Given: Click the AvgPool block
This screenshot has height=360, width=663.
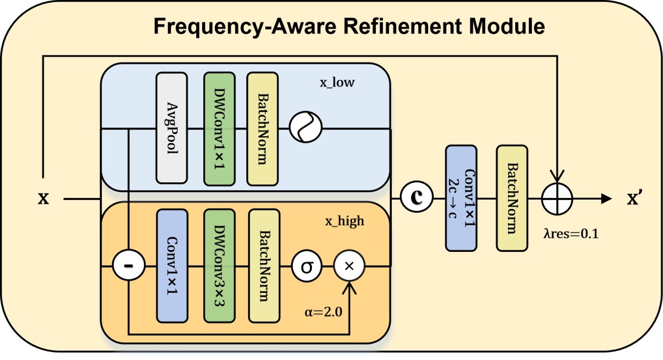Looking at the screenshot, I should (x=172, y=128).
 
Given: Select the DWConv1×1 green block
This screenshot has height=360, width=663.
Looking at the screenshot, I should (x=219, y=128).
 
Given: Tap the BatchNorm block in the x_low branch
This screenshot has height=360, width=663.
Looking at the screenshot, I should (x=262, y=128).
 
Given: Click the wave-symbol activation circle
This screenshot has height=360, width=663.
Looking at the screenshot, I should (x=306, y=128).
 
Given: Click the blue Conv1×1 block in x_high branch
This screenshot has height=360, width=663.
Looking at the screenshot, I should (x=172, y=266).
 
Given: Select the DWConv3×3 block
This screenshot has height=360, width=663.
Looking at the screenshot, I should (x=219, y=266).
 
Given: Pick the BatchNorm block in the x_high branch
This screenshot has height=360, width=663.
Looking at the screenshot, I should (x=264, y=266).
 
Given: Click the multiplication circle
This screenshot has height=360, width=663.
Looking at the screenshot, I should (x=349, y=266).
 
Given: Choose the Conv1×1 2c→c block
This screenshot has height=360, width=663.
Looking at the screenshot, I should (x=461, y=198).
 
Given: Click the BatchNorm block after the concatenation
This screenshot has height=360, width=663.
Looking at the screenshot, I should (x=512, y=198).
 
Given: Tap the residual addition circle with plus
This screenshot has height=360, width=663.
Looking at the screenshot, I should (x=557, y=198).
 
